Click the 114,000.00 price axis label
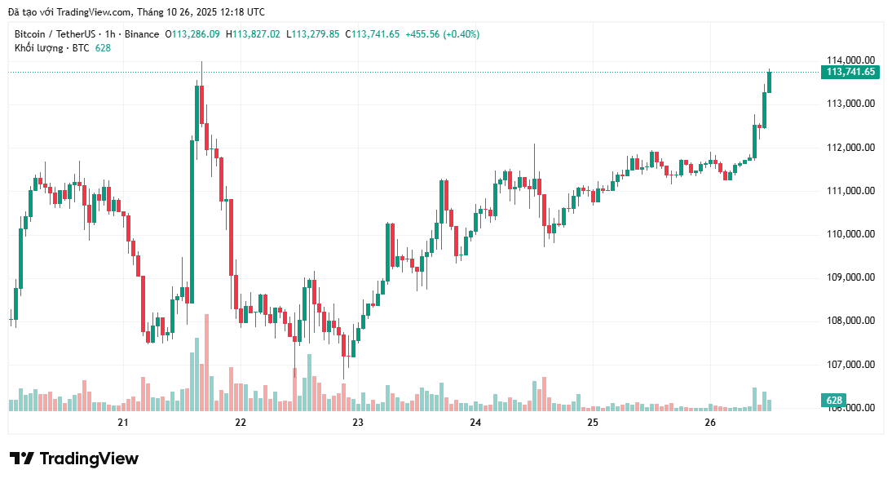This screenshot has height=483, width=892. (x=850, y=60)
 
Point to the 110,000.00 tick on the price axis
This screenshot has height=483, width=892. (x=850, y=234)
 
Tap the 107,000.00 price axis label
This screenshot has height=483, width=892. (x=850, y=365)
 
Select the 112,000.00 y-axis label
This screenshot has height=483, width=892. (x=850, y=148)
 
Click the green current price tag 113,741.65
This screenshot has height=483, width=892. (x=850, y=72)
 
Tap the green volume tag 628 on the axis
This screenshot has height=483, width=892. (x=833, y=401)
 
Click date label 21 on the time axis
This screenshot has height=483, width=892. (x=123, y=423)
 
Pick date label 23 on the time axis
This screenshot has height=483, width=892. (x=358, y=423)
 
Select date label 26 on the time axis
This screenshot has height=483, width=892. (x=709, y=423)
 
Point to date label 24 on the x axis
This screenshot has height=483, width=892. (x=475, y=423)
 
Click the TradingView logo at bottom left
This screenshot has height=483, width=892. (x=74, y=459)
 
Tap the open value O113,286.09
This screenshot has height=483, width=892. (x=192, y=34)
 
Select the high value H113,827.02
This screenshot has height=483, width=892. (x=253, y=34)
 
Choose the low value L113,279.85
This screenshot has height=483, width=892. (x=313, y=34)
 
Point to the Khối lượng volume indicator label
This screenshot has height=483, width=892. (x=38, y=48)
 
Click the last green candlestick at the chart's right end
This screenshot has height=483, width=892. (x=769, y=82)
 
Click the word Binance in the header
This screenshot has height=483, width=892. (x=142, y=34)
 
